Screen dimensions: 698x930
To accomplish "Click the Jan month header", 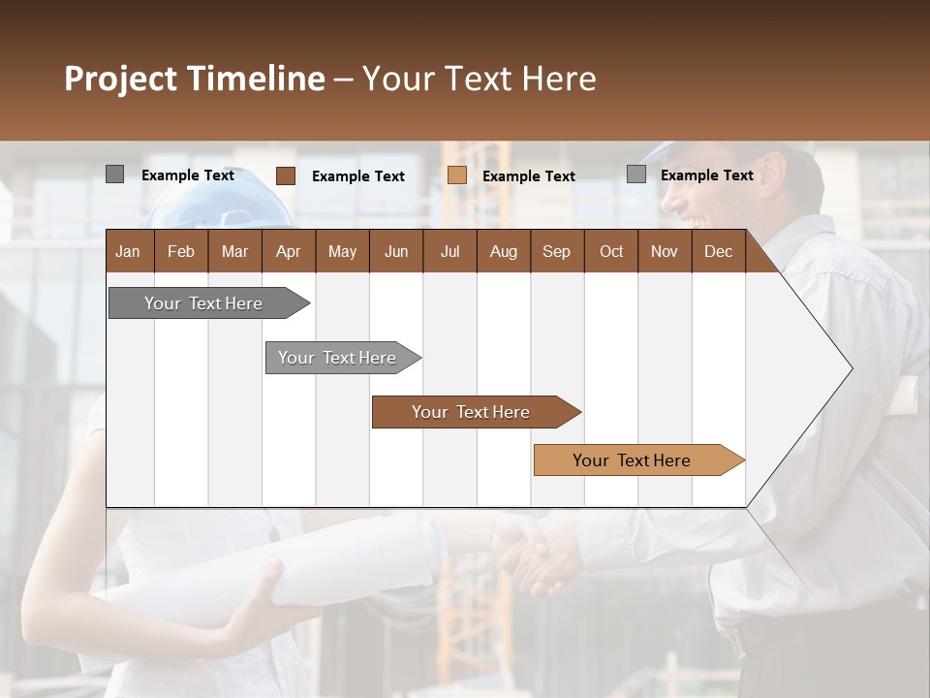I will pyautogui.click(x=129, y=251).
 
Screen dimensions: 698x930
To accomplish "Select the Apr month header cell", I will pyautogui.click(x=289, y=251).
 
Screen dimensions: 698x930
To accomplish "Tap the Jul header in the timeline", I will pyautogui.click(x=449, y=251).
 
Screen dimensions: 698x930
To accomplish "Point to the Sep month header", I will pyautogui.click(x=557, y=251).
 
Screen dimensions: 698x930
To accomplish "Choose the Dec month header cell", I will pyautogui.click(x=718, y=251).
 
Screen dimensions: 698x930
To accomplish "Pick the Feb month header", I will pyautogui.click(x=181, y=251).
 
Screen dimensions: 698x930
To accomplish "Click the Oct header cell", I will pyautogui.click(x=611, y=251).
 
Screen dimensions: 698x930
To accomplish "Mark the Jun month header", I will pyautogui.click(x=396, y=251).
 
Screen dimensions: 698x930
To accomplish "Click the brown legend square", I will pyautogui.click(x=286, y=175).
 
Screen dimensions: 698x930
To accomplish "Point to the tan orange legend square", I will pyautogui.click(x=457, y=175).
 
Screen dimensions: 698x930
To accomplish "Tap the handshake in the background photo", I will pyautogui.click(x=538, y=557).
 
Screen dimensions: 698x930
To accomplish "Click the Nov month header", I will pyautogui.click(x=665, y=251).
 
